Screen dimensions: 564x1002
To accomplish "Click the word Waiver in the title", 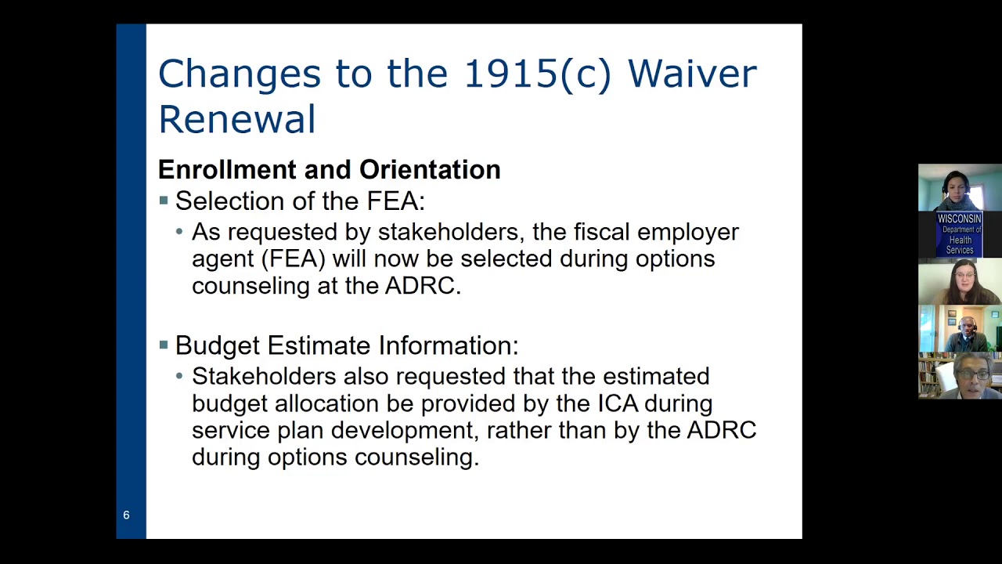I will (692, 74).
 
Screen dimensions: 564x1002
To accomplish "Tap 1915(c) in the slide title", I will (537, 74).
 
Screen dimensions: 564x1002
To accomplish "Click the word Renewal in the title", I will (236, 120).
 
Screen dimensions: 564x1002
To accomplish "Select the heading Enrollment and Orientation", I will (329, 170).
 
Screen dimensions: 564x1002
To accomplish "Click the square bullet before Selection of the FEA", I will (164, 201).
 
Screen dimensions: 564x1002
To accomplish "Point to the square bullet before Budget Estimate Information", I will (164, 345).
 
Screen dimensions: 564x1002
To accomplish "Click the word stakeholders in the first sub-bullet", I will (447, 232).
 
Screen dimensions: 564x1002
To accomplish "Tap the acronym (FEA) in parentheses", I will (293, 258).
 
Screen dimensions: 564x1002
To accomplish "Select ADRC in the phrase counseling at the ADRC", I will (420, 286).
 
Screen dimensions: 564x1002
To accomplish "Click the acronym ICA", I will (618, 403).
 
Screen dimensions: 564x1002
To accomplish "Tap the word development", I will (402, 431).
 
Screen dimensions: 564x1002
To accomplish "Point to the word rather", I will (519, 431).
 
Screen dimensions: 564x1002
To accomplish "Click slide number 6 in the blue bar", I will (126, 515).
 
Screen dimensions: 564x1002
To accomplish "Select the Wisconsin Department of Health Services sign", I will (960, 233).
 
